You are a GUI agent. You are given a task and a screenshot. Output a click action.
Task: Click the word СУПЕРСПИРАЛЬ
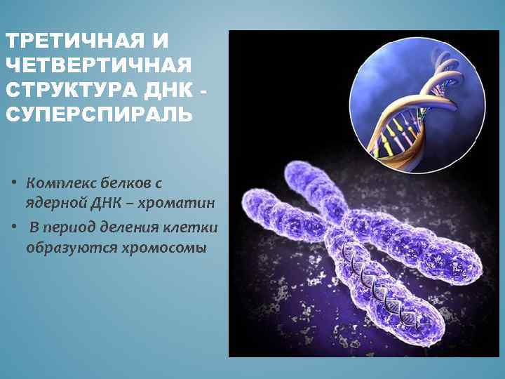pyautogui.click(x=97, y=114)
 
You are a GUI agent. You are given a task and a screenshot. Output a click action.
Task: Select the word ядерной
pyautogui.click(x=55, y=203)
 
